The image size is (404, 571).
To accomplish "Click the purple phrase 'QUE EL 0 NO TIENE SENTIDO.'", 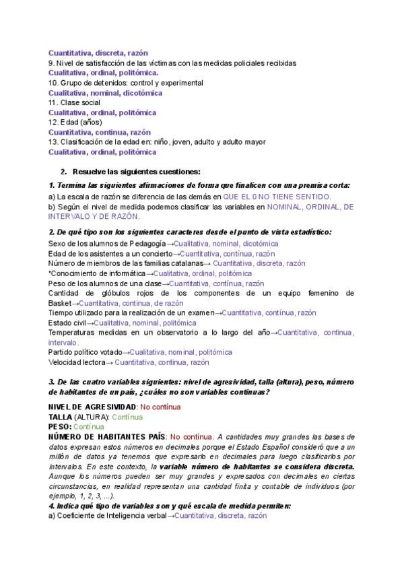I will click(x=277, y=197).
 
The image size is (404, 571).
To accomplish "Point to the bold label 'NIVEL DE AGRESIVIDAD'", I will click(x=92, y=407).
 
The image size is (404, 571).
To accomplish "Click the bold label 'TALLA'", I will click(x=63, y=417).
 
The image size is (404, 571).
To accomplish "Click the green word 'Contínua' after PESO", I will click(x=89, y=427).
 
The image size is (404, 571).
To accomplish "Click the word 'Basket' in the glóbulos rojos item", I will click(x=59, y=304).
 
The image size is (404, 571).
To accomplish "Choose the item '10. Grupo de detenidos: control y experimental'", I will click(x=125, y=83).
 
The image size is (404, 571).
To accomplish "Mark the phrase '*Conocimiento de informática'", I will click(x=96, y=273).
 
